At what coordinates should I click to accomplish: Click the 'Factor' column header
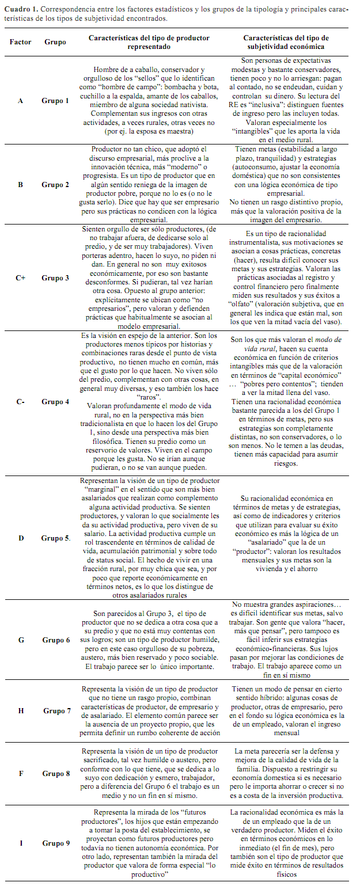coord(21,42)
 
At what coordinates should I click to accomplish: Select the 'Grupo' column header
coord(55,42)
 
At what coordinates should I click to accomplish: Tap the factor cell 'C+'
coord(21,278)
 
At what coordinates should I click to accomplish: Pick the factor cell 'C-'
coord(21,402)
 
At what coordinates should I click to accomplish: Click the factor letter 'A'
coord(21,100)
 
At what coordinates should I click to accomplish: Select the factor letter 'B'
coord(21,185)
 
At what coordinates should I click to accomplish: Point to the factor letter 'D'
coord(21,538)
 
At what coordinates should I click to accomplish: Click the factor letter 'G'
coord(21,640)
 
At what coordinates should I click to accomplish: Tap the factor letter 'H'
coord(21,710)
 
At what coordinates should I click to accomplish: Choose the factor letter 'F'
coord(21,773)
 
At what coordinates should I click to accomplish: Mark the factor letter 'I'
coord(21,843)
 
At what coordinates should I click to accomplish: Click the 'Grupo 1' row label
coord(55,100)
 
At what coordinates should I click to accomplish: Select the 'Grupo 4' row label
coord(55,402)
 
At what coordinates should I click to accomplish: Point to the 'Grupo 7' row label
coord(55,710)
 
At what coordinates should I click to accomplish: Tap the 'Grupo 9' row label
coord(55,843)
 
